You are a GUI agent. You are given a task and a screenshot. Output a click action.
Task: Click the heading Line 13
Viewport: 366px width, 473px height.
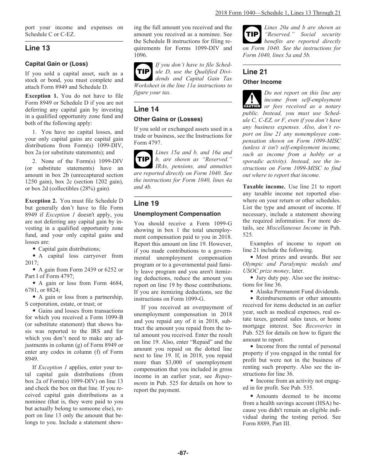pyautogui.click(x=37, y=48)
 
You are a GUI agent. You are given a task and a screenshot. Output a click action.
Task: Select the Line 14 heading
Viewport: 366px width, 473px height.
pyautogui.click(x=146, y=109)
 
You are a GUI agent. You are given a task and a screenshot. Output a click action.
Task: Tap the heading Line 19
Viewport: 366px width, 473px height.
pyautogui.click(x=146, y=203)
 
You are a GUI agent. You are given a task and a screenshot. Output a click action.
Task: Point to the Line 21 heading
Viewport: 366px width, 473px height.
pyautogui.click(x=255, y=72)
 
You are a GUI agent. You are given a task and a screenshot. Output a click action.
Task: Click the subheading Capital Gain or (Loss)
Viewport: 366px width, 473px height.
pyautogui.click(x=56, y=64)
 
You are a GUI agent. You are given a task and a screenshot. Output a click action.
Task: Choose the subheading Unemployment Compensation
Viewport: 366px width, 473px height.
pyautogui.click(x=177, y=214)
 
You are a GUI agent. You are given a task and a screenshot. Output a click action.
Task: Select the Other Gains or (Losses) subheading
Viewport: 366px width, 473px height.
pyautogui.click(x=168, y=119)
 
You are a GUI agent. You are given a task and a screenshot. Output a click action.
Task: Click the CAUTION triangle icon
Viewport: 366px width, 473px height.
pyautogui.click(x=252, y=100)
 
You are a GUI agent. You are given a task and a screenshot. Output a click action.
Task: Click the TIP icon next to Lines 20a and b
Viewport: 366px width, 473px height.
pyautogui.click(x=252, y=34)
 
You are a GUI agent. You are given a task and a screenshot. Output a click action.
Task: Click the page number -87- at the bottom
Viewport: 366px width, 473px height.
pyautogui.click(x=183, y=453)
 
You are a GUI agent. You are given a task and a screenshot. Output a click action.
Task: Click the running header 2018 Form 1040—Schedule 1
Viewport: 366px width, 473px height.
pyautogui.click(x=277, y=13)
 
